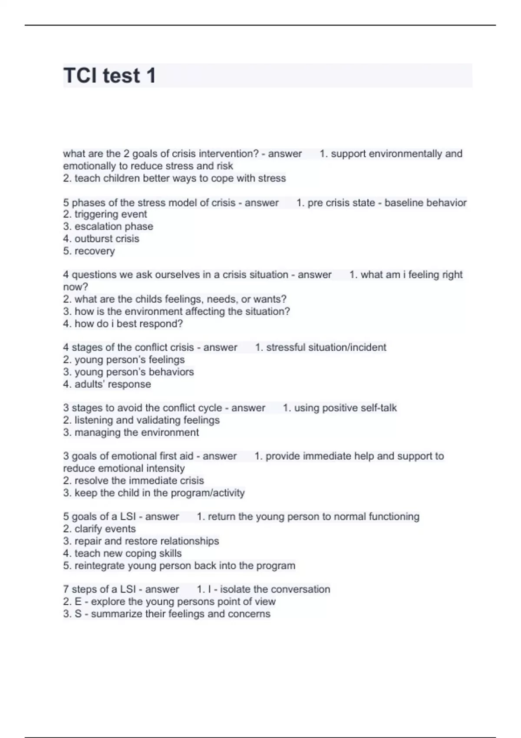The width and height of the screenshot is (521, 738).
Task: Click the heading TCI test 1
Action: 109,76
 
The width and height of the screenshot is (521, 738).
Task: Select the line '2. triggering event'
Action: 105,214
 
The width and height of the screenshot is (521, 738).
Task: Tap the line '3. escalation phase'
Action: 108,226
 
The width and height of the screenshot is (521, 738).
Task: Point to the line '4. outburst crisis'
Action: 101,238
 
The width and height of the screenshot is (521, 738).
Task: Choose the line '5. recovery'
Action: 89,251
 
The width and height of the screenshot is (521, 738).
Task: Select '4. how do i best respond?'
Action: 123,323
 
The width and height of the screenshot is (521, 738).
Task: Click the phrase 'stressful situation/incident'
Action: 326,347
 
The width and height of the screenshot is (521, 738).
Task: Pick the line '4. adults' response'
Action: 107,384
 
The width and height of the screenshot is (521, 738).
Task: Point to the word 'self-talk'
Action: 376,408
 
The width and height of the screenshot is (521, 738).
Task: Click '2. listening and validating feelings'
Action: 141,420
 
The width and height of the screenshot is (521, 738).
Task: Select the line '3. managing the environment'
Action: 131,432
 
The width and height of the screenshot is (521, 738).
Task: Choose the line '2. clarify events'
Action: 99,529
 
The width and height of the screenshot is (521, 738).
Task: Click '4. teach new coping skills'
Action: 122,553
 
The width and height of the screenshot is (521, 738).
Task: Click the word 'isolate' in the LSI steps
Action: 235,589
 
